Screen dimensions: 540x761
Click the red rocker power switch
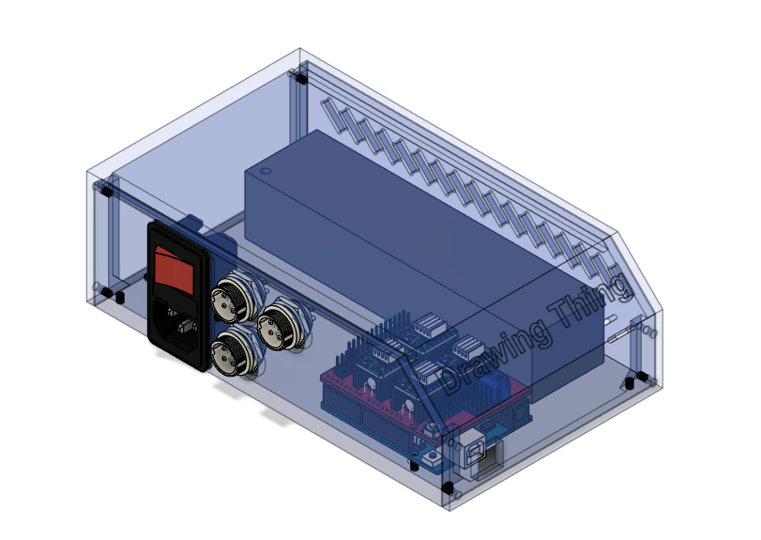coord(180,267)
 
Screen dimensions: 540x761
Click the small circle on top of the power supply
coord(265,172)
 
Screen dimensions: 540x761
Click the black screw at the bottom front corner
coord(448,488)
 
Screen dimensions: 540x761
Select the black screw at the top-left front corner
coord(106,191)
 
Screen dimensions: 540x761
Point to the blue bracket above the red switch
coord(192,224)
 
